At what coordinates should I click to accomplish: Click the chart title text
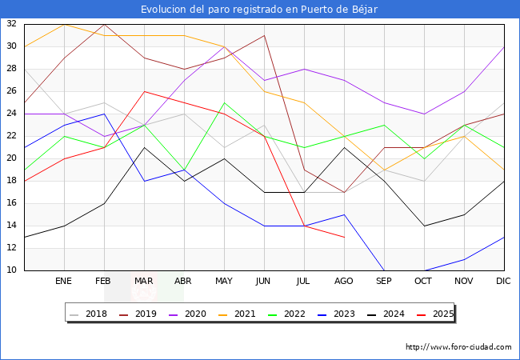[259, 9]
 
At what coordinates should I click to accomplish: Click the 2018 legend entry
[90, 314]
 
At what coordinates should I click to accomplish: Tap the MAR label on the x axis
[144, 282]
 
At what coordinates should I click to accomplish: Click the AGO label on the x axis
[344, 282]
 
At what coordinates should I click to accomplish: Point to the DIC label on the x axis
[504, 282]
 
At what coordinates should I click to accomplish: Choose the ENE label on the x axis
[64, 282]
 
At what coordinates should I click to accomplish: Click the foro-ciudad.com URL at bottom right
[458, 347]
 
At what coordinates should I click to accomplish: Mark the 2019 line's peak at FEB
[104, 24]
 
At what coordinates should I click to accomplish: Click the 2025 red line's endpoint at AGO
[344, 237]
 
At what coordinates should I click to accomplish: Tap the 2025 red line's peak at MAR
[144, 91]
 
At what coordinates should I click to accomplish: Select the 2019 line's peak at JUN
[264, 35]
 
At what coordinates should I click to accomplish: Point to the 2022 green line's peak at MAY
[224, 102]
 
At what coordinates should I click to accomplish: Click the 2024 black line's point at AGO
[344, 147]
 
